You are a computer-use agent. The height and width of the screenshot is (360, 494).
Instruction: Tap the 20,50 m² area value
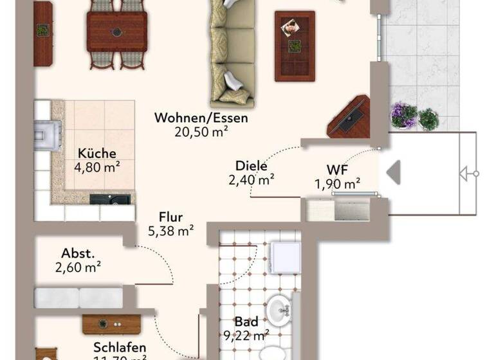[201, 131]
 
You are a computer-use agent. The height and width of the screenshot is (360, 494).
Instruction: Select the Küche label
[96, 154]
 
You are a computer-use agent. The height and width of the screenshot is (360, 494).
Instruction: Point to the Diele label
[251, 166]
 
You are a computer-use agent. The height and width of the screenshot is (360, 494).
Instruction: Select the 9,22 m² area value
[247, 335]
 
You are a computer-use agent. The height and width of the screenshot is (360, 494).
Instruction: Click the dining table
[117, 30]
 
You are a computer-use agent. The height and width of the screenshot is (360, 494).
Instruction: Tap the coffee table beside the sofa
[295, 45]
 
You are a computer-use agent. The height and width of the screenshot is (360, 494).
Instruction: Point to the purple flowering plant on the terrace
[404, 114]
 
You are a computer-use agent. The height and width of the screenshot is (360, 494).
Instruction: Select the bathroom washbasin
[280, 309]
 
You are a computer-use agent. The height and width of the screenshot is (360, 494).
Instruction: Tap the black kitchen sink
[105, 199]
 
